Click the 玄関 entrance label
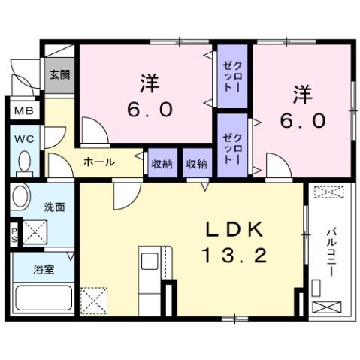pos(59,75)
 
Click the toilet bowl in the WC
pos(23,162)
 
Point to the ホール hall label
pos(98,162)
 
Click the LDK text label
pos(232,229)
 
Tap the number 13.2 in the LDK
pos(233,256)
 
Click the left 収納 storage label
pos(162,163)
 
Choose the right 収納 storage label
pos(196,163)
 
